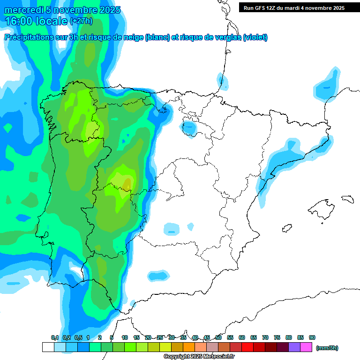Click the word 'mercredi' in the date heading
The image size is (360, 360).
[x=23, y=10]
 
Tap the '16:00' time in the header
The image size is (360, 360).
[x=19, y=21]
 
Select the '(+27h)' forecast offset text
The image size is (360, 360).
[x=81, y=21]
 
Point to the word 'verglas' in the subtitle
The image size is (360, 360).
[x=224, y=37]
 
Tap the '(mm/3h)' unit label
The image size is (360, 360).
[x=327, y=348]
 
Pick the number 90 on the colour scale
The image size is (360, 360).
[x=312, y=337]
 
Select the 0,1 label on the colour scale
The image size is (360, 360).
[x=55, y=337]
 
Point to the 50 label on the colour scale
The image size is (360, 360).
[x=218, y=337]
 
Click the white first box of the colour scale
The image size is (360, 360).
[x=48, y=347]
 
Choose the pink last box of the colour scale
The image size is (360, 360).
[x=306, y=347]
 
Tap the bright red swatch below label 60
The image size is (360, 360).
[x=247, y=347]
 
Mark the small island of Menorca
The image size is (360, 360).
[x=347, y=199]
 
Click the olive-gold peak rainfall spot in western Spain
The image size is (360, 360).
[x=127, y=183]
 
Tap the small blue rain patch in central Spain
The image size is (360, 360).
[x=172, y=229]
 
